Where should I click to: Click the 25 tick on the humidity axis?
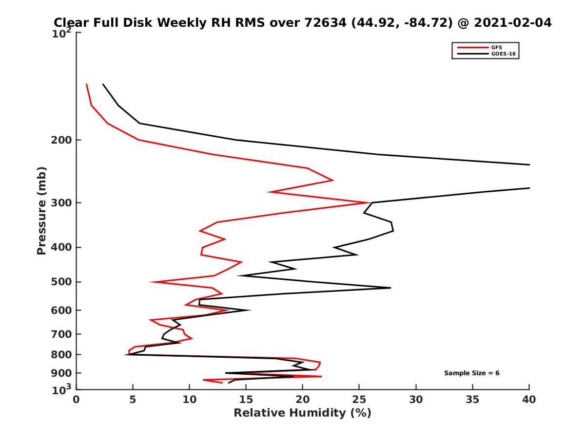pos(359,400)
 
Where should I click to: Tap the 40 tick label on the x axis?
pos(529,400)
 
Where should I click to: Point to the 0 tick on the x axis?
pos(76,400)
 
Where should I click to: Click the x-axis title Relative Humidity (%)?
pos(302,413)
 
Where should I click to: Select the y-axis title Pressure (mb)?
pos(41,210)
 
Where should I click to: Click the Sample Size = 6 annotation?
pos(471,373)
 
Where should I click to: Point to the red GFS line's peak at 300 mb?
pos(369,202)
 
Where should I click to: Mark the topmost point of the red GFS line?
pos(86,84)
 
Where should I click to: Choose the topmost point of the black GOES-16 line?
pos(103,84)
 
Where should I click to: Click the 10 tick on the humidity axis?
pos(189,400)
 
